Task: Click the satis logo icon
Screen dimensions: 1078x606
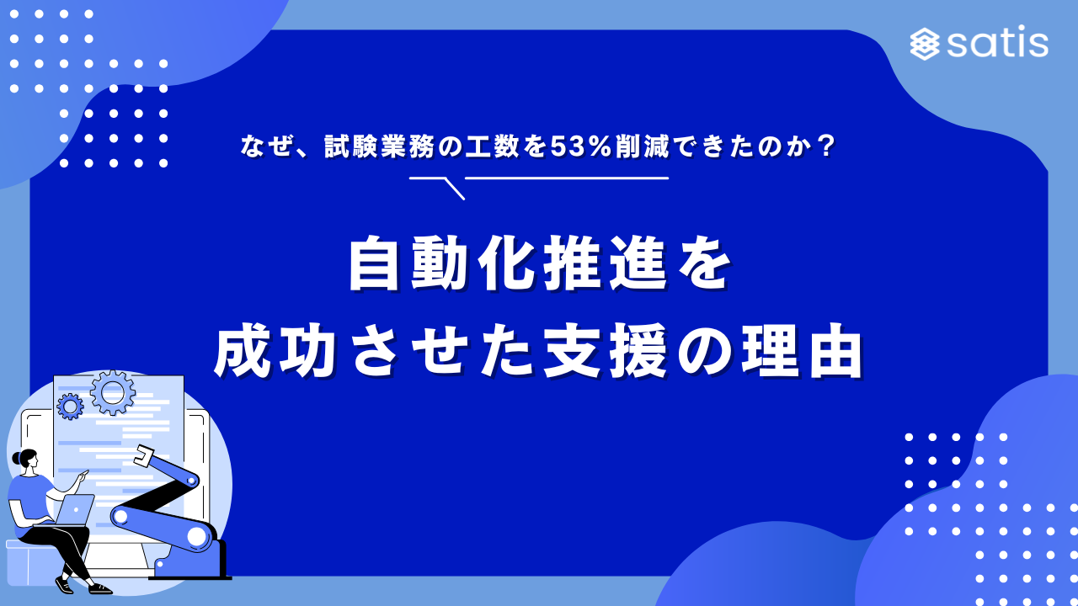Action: point(925,44)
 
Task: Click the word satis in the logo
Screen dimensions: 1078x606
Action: point(998,42)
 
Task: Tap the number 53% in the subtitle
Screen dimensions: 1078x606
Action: point(581,146)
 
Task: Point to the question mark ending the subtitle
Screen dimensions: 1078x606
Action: point(827,146)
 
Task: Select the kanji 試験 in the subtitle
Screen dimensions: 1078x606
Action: point(350,146)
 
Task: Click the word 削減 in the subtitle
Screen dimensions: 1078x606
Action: point(642,146)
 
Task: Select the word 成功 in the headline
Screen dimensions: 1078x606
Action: point(274,350)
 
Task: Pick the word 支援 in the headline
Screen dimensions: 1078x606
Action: point(605,350)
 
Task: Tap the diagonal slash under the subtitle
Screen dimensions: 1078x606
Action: point(454,189)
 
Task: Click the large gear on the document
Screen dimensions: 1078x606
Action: point(113,392)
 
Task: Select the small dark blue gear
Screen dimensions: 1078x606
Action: point(70,407)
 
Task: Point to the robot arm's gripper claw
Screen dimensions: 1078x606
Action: point(143,455)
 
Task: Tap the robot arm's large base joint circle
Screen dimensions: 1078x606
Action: point(196,536)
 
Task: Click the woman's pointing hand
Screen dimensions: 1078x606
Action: point(83,475)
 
